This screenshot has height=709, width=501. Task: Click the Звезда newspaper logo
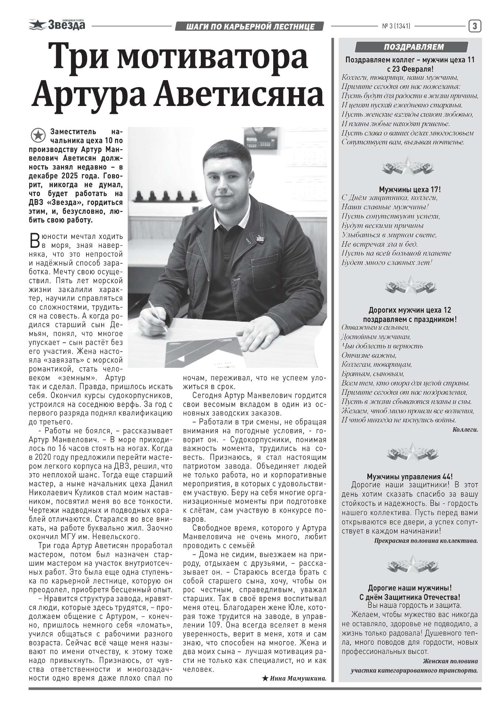click(57, 25)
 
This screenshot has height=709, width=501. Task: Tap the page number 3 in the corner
click(475, 26)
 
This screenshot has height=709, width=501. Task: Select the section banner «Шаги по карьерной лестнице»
click(250, 26)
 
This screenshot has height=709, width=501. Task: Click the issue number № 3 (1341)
click(396, 26)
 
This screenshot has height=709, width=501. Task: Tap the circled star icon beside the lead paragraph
click(37, 136)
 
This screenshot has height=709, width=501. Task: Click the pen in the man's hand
click(157, 314)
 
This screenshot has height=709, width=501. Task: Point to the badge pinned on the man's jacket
click(261, 239)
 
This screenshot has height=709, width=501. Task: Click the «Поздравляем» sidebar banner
click(412, 47)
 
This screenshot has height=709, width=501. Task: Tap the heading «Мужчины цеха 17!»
click(410, 189)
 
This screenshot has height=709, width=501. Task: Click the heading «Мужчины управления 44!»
click(409, 477)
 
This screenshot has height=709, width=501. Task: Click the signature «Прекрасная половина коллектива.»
click(426, 541)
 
